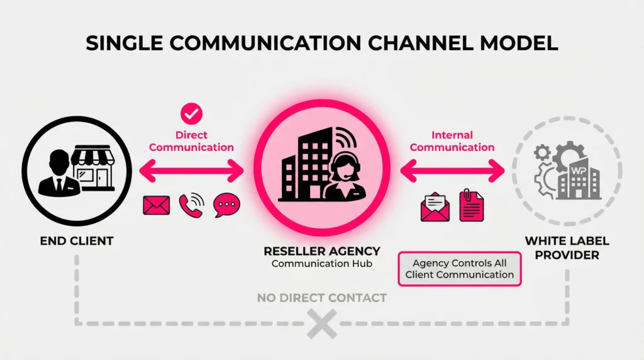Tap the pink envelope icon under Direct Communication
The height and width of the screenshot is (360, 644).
pyautogui.click(x=157, y=205)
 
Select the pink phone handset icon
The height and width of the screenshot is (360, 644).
pyautogui.click(x=191, y=205)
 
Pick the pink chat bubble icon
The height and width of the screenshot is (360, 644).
pyautogui.click(x=226, y=205)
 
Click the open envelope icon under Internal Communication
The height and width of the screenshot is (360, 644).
pyautogui.click(x=435, y=207)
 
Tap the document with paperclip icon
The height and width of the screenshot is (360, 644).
pyautogui.click(x=472, y=206)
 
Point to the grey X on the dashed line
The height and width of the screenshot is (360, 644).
pyautogui.click(x=322, y=323)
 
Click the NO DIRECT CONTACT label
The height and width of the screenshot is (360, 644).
pyautogui.click(x=322, y=297)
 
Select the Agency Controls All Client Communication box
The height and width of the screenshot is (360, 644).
pyautogui.click(x=460, y=269)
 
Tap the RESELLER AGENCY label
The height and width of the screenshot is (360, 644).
pyautogui.click(x=322, y=251)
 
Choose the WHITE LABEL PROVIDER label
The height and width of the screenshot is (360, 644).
pyautogui.click(x=567, y=248)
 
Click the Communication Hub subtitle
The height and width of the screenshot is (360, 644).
pyautogui.click(x=322, y=264)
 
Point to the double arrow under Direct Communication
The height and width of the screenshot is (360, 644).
pyautogui.click(x=191, y=169)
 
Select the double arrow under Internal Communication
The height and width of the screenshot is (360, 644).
pyautogui.click(x=453, y=169)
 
